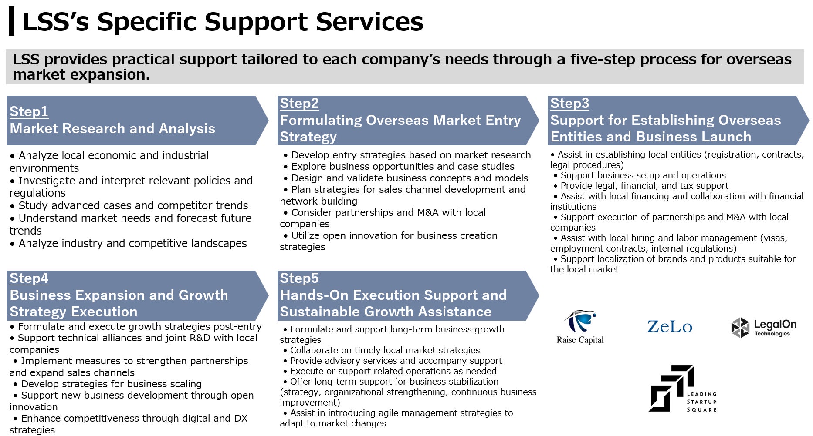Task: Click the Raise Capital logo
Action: point(580,327)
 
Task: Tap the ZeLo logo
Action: point(670,327)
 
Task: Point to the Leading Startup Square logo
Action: point(683,389)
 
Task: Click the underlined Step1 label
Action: point(29,111)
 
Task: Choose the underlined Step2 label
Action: point(299,104)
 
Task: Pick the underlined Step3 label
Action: point(570,104)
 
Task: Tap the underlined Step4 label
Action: point(29,278)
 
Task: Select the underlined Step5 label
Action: point(299,278)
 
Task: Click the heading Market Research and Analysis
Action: point(112,128)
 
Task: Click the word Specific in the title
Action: point(146,22)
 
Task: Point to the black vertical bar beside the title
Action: point(11,21)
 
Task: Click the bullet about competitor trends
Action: point(129,205)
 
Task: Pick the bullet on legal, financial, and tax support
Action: point(641,186)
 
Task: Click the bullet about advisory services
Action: point(393,361)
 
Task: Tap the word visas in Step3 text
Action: point(776,238)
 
